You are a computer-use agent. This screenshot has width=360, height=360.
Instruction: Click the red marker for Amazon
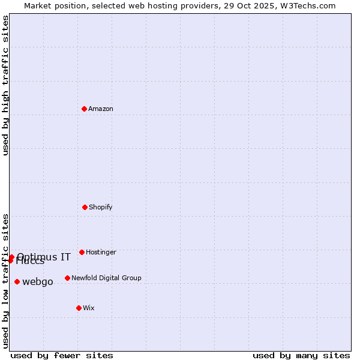click(85, 109)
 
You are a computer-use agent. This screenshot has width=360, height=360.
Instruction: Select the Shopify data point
click(85, 207)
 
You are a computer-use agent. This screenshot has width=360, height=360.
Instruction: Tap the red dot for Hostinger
click(82, 252)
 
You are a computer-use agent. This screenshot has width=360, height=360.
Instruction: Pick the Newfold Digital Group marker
click(67, 278)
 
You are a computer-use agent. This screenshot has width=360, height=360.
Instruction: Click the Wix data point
click(79, 308)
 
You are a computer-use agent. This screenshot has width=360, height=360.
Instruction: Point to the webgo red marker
click(17, 281)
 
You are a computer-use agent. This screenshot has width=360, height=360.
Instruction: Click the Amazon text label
click(101, 109)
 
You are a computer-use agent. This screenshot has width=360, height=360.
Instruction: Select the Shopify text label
click(101, 207)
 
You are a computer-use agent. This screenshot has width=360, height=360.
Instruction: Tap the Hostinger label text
click(101, 252)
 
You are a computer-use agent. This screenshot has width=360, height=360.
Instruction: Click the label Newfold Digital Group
click(106, 278)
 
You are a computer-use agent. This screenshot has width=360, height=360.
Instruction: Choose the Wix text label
click(89, 308)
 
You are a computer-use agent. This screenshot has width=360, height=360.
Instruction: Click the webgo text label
click(38, 281)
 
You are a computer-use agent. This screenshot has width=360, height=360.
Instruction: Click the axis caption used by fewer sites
click(62, 355)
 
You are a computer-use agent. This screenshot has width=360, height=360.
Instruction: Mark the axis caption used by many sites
click(301, 355)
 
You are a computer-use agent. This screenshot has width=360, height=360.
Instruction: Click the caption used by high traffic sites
click(6, 85)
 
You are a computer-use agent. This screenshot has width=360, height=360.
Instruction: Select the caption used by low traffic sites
click(6, 281)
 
